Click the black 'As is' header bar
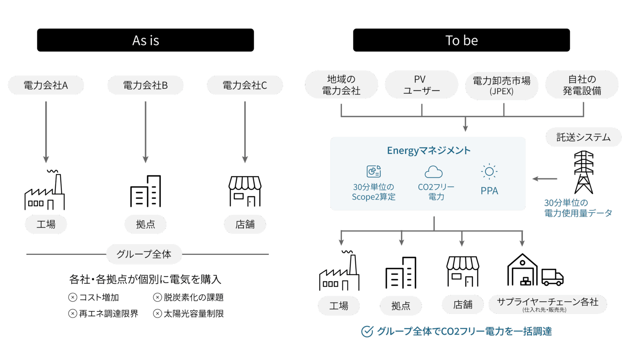pos(145,40)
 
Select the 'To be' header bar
pos(461,40)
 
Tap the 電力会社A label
pos(46,85)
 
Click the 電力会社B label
pos(145,85)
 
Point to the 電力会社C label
pos(245,85)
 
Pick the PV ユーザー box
pos(421,85)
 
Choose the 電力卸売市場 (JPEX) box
pos(502,85)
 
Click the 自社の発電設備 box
pos(582,85)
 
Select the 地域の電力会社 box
pos(341,85)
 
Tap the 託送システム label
pos(583,137)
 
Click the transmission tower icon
pos(584,172)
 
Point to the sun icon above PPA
pos(489,171)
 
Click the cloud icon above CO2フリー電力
pos(433,172)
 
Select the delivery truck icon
pos(552,277)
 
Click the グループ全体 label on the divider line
pos(144,254)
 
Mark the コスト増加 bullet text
pos(99,297)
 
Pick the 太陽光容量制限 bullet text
pos(193,314)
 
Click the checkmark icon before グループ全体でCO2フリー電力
pos(367,331)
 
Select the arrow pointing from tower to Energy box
pos(545,179)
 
